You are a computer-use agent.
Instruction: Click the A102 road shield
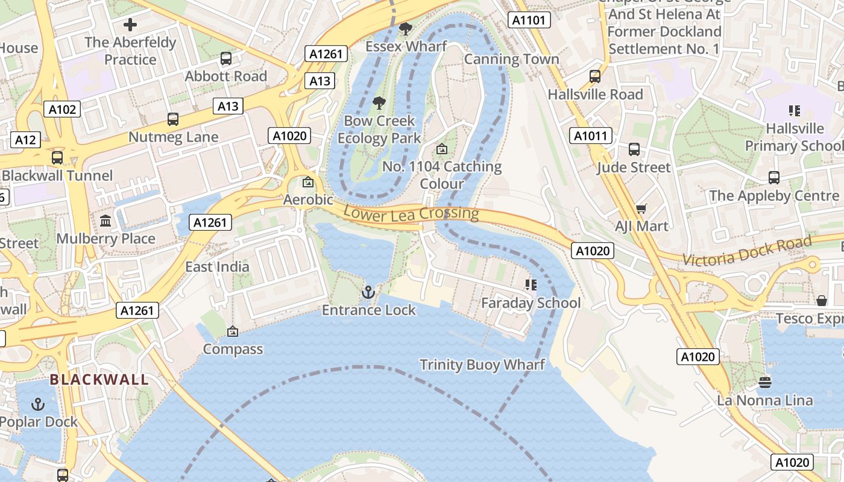(x=62, y=109)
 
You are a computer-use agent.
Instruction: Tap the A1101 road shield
(x=529, y=20)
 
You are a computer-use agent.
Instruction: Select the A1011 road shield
(x=591, y=136)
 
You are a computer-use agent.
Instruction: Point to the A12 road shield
(x=25, y=140)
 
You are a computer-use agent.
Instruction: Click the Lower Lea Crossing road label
(x=411, y=213)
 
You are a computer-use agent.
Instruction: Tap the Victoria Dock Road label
(x=747, y=251)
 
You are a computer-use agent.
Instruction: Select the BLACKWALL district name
(x=99, y=380)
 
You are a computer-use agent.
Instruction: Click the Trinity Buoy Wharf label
(x=482, y=365)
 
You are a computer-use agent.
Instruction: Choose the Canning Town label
(x=511, y=59)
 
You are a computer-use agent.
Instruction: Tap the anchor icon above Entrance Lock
(x=368, y=293)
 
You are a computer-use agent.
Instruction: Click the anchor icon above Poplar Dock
(x=38, y=404)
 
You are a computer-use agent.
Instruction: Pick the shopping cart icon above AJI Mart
(x=641, y=209)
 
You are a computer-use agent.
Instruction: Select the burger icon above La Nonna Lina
(x=764, y=383)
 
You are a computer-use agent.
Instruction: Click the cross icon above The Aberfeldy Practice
(x=130, y=25)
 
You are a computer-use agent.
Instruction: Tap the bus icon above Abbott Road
(x=226, y=58)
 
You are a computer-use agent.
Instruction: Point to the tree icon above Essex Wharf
(x=406, y=28)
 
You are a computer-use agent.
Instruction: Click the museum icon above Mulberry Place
(x=105, y=221)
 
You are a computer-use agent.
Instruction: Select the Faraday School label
(x=531, y=303)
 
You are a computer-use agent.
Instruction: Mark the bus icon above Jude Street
(x=634, y=149)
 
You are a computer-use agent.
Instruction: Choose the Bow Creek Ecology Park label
(x=379, y=130)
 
